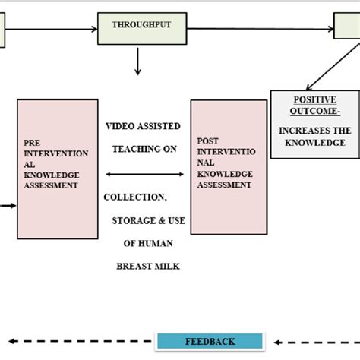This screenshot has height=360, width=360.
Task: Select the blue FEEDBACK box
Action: (x=209, y=341)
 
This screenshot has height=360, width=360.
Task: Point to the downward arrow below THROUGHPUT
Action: (x=137, y=62)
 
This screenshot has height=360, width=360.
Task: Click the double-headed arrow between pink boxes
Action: (x=144, y=174)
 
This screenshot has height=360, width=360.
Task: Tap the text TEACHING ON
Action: (x=144, y=149)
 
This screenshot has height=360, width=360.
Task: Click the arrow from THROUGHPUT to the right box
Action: (x=258, y=30)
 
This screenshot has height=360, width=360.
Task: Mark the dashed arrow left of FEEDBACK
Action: (x=76, y=341)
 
